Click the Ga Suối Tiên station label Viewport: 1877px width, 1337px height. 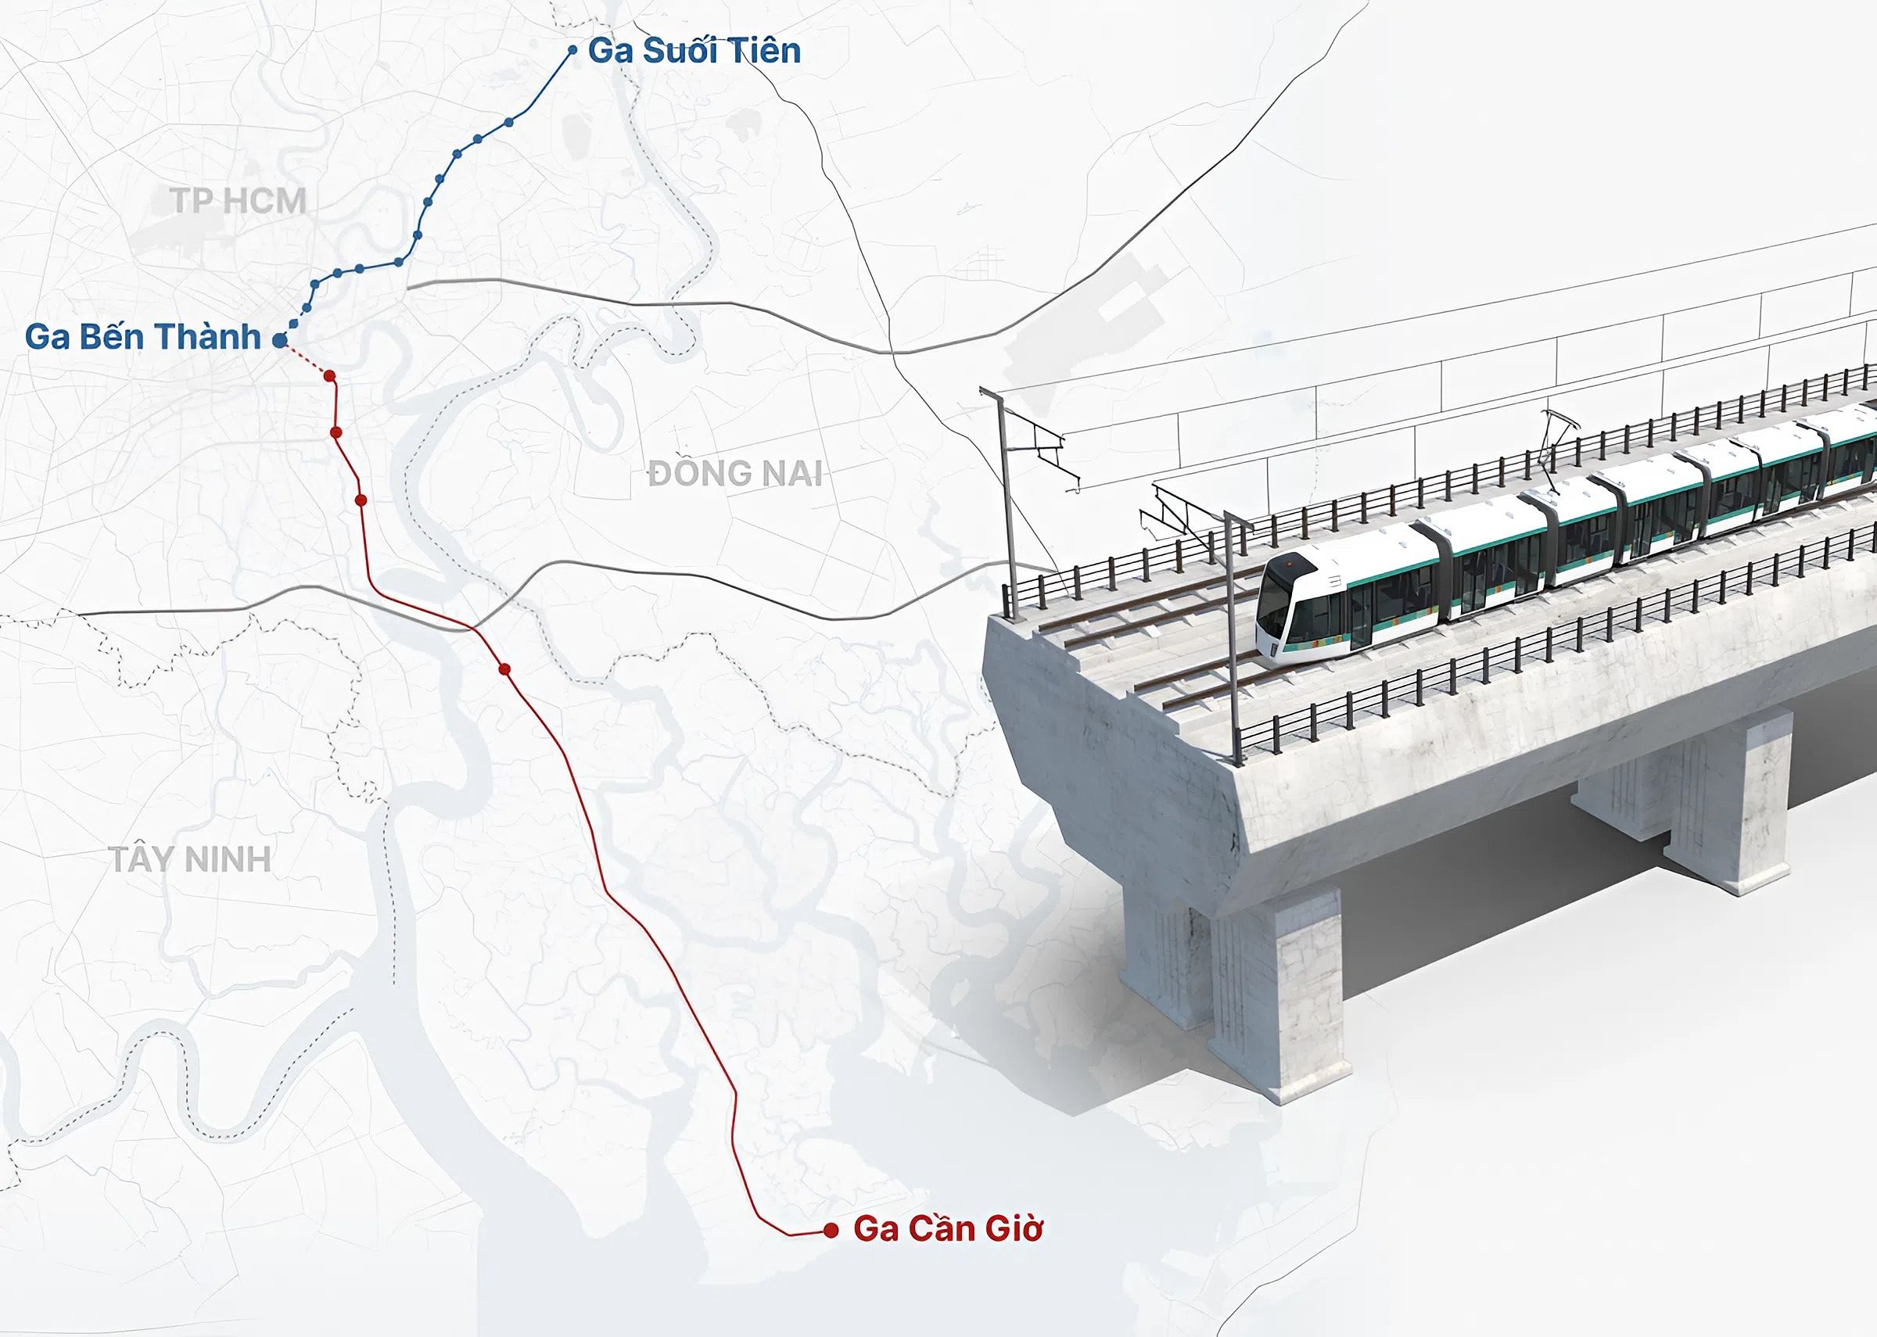tap(694, 51)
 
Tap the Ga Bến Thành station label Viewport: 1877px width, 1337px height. tap(142, 337)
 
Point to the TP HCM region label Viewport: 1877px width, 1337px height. tap(239, 201)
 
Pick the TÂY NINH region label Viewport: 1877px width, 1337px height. tap(191, 859)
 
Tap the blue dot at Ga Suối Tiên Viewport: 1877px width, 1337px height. tap(573, 51)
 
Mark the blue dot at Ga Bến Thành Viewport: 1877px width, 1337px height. tap(279, 339)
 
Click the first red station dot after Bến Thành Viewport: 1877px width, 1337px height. tap(329, 376)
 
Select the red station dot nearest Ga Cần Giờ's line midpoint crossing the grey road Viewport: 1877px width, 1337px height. tap(504, 669)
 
